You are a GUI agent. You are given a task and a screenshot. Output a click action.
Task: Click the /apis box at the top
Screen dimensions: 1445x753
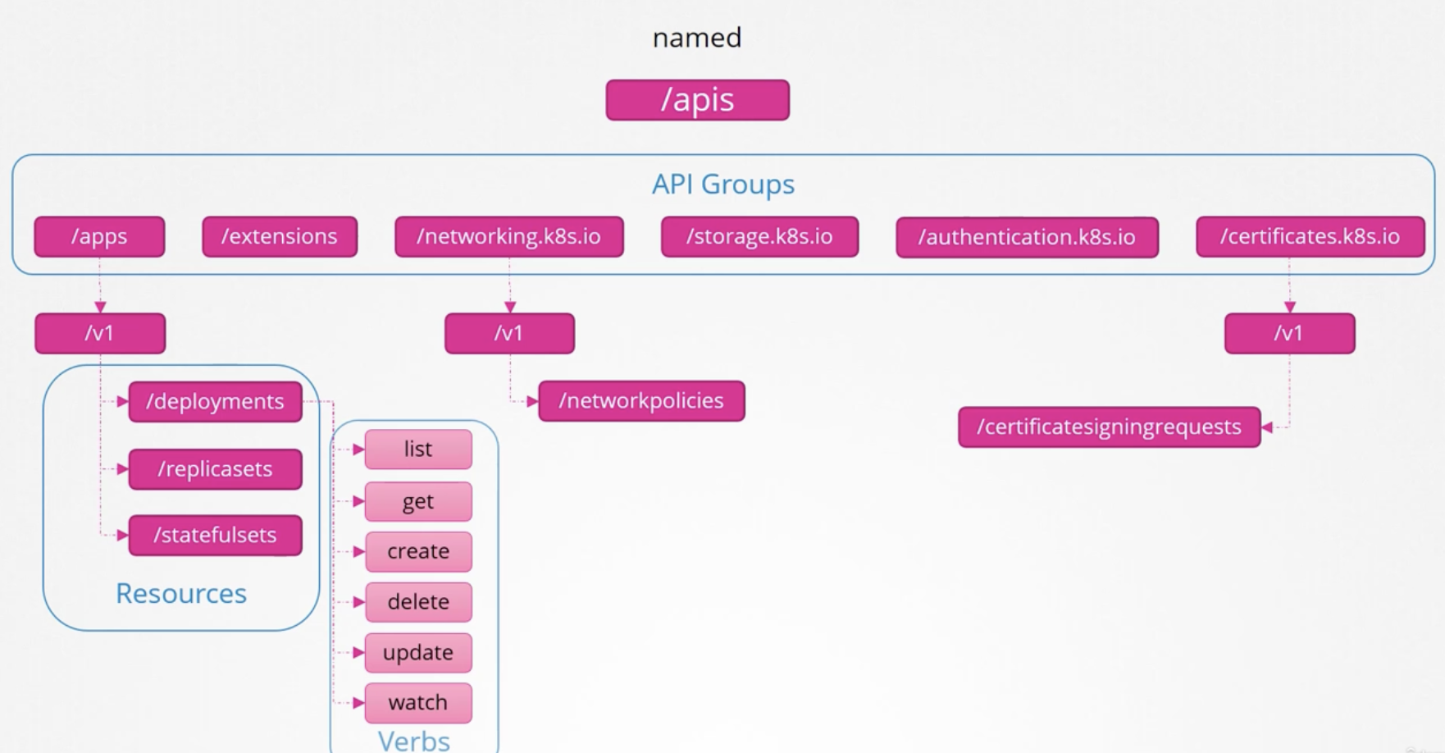698,100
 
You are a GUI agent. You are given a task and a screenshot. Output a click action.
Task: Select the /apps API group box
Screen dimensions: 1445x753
99,237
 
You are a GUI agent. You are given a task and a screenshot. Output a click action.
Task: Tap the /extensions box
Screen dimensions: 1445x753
280,237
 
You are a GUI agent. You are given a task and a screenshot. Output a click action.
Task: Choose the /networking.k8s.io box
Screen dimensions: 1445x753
509,237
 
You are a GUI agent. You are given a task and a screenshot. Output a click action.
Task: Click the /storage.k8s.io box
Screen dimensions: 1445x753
759,237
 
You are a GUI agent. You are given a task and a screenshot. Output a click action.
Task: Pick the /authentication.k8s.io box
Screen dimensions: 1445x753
1027,237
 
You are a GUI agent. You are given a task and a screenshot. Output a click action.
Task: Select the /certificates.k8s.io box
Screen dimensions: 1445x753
1311,237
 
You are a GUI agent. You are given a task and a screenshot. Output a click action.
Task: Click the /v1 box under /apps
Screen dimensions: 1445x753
100,334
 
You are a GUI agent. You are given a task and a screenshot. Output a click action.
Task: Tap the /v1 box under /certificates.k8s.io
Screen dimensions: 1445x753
1290,334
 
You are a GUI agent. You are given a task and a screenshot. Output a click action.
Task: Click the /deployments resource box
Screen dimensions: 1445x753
215,402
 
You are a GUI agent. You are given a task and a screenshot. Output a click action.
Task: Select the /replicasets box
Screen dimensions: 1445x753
215,469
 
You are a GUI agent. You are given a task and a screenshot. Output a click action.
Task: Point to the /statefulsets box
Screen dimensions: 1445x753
215,536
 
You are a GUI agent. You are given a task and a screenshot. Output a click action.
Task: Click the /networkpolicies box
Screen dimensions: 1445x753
641,401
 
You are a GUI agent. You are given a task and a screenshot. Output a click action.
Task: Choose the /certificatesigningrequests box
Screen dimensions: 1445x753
1110,427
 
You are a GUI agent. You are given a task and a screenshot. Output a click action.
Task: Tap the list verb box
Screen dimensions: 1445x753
418,450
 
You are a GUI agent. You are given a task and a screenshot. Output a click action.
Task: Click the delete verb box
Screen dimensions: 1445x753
418,602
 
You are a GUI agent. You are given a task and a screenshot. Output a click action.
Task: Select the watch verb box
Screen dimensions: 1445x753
418,703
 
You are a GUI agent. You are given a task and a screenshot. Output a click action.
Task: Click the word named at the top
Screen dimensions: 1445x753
697,38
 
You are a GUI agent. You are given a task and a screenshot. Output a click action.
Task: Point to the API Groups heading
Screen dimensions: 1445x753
723,185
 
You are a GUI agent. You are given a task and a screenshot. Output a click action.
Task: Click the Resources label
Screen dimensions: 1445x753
181,593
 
